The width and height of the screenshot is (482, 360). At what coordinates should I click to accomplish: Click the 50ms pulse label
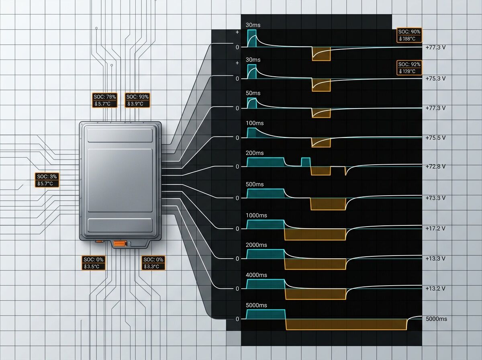[x=253, y=93]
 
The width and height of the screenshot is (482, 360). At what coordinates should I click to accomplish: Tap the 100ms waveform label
[x=254, y=123]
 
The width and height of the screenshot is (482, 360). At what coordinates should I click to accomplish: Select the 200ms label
[x=254, y=153]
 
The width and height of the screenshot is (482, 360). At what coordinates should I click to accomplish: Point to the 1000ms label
[x=256, y=215]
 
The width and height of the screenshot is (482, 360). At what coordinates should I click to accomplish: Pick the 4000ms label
[x=256, y=275]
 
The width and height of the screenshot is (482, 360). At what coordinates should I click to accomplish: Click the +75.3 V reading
[x=435, y=78]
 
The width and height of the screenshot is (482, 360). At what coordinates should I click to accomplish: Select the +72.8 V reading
[x=435, y=166]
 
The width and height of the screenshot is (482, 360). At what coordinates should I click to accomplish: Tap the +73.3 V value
[x=435, y=198]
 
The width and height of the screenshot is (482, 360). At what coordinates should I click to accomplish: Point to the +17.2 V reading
[x=435, y=228]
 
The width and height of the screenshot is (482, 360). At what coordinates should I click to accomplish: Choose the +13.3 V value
[x=435, y=258]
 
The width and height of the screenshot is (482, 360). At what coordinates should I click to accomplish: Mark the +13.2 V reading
[x=435, y=288]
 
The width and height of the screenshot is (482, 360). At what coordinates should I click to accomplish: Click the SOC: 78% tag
[x=105, y=97]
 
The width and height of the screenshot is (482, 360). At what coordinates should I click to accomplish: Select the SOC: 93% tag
[x=137, y=97]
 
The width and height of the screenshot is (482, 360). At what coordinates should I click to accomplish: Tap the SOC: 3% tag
[x=47, y=176]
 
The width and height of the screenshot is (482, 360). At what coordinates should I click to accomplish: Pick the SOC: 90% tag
[x=409, y=32]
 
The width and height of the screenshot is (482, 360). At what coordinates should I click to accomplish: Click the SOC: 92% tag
[x=409, y=64]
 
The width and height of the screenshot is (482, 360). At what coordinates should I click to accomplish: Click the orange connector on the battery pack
[x=120, y=243]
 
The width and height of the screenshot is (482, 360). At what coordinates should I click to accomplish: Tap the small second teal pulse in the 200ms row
[x=306, y=162]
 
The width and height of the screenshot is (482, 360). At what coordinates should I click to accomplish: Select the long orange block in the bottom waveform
[x=346, y=324]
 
